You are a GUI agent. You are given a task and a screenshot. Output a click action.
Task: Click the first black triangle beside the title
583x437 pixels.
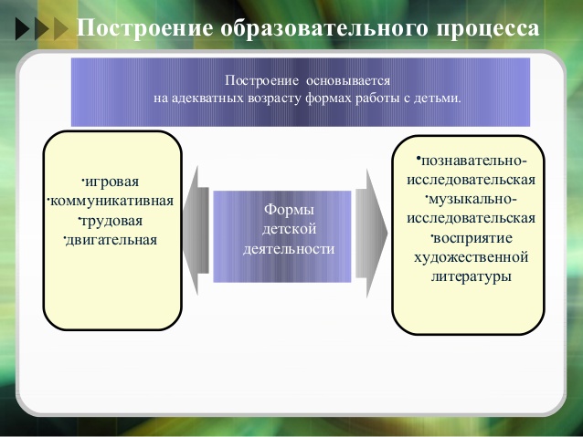coord(22,29)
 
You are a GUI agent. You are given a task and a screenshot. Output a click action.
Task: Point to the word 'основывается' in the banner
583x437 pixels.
coord(348,80)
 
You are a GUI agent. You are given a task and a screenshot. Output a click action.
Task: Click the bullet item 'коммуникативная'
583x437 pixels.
coord(111,202)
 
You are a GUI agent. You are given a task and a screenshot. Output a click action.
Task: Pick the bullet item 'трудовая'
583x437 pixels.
coord(111,221)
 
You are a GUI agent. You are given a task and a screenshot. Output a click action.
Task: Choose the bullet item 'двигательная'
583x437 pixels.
coord(111,240)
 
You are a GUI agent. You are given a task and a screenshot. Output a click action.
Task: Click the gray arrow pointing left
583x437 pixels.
coord(196,231)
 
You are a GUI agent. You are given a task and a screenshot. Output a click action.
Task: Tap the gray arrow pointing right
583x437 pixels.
coord(371,234)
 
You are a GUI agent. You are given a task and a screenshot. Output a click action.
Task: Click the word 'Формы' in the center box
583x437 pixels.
coord(289,210)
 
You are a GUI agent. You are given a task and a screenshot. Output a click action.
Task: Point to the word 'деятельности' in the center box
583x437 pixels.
coord(289,249)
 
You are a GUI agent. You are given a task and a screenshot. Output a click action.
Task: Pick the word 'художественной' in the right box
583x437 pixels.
coord(472,257)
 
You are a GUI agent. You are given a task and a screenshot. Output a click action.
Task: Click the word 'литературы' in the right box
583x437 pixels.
coord(472,277)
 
